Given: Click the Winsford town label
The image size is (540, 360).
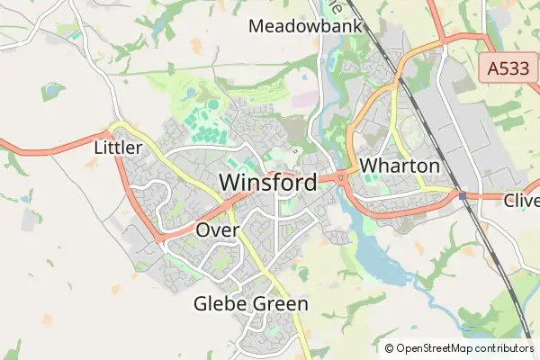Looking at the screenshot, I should pyautogui.click(x=268, y=183).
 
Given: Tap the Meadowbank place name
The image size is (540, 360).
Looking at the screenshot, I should pyautogui.click(x=305, y=26).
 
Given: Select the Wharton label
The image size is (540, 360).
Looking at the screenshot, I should pyautogui.click(x=400, y=166).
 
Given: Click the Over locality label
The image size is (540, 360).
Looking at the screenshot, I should pyautogui.click(x=217, y=230).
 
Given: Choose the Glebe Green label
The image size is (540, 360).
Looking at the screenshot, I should pyautogui.click(x=251, y=304).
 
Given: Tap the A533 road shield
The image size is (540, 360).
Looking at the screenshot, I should pyautogui.click(x=507, y=67).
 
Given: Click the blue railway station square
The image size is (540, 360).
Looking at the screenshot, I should pyautogui.click(x=462, y=195).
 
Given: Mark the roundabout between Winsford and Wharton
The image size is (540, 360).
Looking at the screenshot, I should pyautogui.click(x=342, y=177).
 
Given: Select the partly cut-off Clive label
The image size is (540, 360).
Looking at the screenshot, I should pyautogui.click(x=522, y=200).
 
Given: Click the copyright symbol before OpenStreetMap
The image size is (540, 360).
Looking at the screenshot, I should pyautogui.click(x=389, y=347).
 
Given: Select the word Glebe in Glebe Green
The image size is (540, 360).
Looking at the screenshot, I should pyautogui.click(x=218, y=304).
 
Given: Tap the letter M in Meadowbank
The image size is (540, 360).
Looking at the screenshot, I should pyautogui.click(x=256, y=26).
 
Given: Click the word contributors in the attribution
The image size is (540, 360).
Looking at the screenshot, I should pyautogui.click(x=499, y=347).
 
